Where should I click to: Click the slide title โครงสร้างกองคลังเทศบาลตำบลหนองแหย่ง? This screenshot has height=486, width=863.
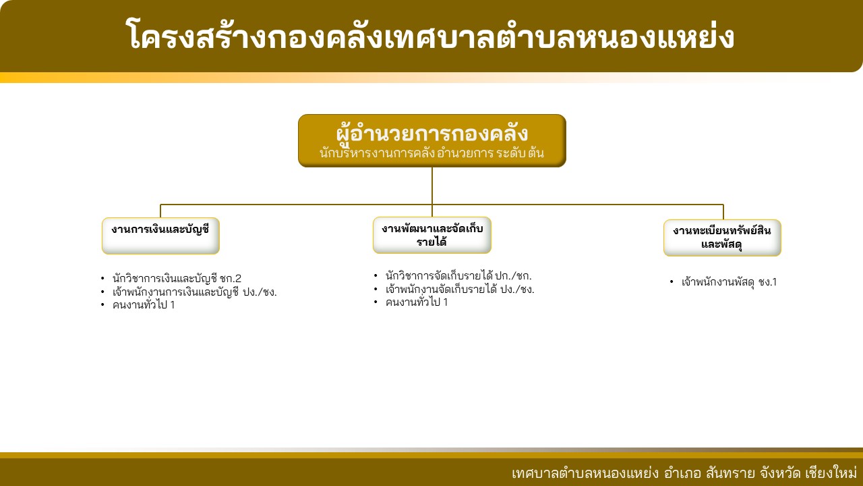(430, 36)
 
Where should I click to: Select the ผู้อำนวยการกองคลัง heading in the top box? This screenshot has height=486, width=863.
(432, 133)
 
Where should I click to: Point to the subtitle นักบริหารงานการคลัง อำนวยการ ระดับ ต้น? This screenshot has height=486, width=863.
(432, 153)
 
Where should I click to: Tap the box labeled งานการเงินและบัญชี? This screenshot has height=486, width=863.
(160, 236)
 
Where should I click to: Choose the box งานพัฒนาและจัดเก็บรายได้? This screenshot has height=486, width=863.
(432, 235)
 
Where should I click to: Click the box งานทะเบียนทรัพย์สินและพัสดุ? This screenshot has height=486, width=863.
(722, 238)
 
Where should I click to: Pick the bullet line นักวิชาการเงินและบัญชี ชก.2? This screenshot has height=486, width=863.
(177, 278)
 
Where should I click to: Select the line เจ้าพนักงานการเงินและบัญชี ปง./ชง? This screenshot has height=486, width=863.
(195, 292)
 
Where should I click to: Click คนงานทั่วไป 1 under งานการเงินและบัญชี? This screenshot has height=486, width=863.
(144, 304)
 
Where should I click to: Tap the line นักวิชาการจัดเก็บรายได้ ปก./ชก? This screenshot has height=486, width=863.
(458, 276)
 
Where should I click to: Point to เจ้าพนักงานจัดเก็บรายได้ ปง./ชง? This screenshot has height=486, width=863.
(460, 289)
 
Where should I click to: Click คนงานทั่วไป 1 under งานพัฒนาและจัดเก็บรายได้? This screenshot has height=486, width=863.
(417, 302)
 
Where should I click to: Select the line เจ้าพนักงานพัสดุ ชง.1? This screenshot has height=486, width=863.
(729, 282)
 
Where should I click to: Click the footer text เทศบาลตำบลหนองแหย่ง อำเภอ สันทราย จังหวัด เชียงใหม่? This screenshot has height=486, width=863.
(683, 473)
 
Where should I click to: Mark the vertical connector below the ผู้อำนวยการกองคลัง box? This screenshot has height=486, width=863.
(432, 192)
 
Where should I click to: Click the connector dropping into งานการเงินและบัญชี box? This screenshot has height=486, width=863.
(160, 211)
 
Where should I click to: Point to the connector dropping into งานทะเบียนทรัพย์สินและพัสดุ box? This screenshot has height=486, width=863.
(723, 212)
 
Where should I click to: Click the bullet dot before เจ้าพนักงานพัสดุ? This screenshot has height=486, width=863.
(672, 282)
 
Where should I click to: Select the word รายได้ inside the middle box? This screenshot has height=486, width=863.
(431, 242)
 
